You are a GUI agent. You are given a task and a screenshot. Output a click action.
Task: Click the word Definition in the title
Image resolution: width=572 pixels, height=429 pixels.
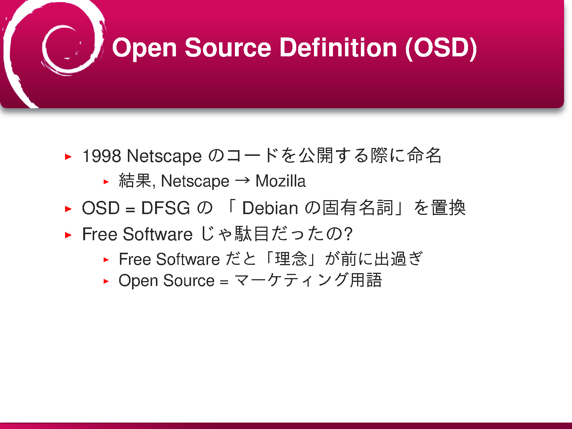(x=338, y=47)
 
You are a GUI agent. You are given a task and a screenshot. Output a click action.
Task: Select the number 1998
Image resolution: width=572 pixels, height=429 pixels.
(x=102, y=156)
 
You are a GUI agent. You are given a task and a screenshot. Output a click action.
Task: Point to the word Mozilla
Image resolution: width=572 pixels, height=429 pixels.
(x=281, y=181)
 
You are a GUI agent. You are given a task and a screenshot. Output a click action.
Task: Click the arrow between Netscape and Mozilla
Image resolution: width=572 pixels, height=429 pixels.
(x=242, y=180)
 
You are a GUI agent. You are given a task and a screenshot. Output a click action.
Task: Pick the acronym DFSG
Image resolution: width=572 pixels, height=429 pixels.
(x=165, y=208)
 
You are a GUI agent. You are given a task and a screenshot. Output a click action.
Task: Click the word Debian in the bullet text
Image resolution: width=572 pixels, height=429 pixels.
(x=270, y=208)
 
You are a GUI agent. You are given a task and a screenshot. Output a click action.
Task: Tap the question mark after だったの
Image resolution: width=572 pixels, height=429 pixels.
(x=348, y=233)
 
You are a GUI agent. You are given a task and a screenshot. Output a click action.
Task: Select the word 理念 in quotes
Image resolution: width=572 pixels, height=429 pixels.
(x=291, y=259)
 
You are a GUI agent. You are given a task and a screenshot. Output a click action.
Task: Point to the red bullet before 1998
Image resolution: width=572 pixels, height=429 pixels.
(x=68, y=157)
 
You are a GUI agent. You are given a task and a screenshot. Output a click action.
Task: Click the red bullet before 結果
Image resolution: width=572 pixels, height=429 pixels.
(x=106, y=182)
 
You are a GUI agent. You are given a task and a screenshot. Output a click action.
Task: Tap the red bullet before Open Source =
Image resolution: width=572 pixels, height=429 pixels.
(x=106, y=281)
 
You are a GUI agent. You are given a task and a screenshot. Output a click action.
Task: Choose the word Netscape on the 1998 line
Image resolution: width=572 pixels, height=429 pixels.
(x=164, y=156)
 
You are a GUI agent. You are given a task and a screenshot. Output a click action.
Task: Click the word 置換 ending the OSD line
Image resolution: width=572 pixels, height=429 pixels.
(x=448, y=208)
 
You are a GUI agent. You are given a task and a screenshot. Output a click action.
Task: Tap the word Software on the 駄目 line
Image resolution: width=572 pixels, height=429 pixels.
(x=158, y=234)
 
